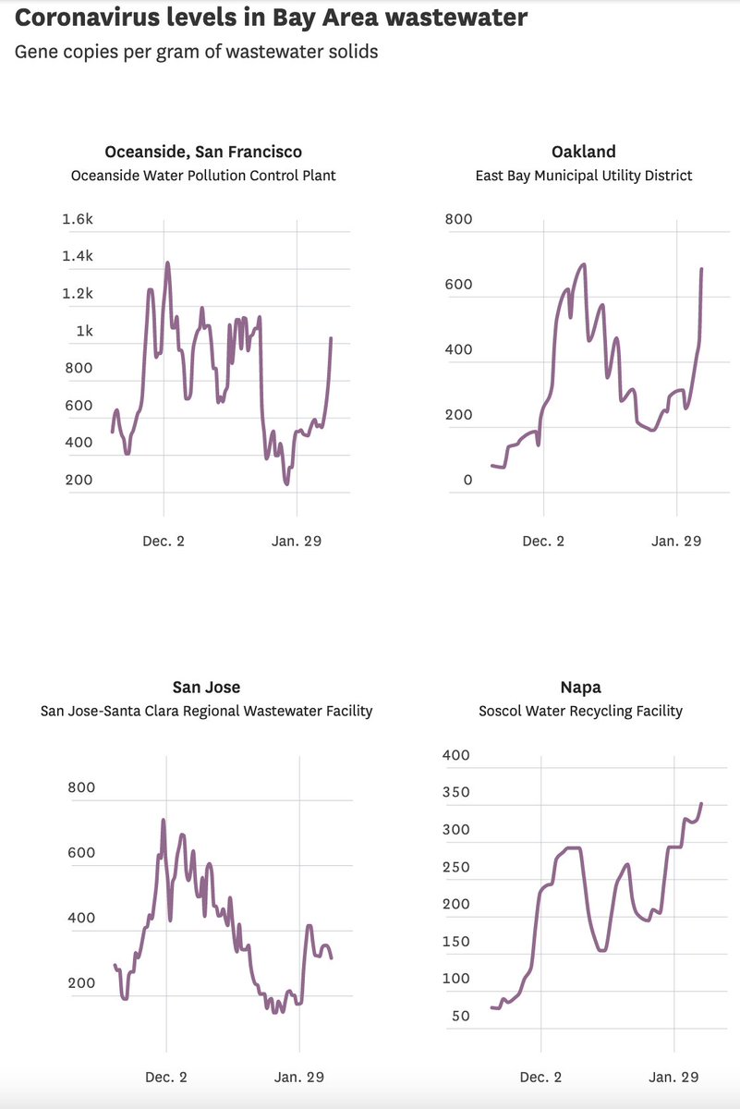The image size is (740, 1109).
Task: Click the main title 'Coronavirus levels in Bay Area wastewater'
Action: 272,18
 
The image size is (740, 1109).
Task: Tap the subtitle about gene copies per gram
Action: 196,52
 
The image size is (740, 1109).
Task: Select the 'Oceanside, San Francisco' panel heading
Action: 203,152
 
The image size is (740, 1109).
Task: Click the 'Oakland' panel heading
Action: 583,152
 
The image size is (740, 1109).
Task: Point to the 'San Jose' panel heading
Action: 206,687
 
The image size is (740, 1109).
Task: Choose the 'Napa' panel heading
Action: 580,687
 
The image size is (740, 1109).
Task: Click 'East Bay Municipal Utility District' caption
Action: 583,176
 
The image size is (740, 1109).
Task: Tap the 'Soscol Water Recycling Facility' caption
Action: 580,711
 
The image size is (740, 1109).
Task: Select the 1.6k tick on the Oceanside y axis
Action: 78,219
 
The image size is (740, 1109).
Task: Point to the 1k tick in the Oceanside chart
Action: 84,331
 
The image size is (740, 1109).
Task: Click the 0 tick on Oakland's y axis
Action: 467,480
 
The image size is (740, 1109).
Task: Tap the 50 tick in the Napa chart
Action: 459,1016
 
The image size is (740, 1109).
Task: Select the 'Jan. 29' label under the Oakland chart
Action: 675,542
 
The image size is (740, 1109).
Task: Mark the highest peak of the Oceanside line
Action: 167,262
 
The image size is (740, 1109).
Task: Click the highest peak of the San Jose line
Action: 164,820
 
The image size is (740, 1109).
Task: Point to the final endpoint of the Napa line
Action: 701,804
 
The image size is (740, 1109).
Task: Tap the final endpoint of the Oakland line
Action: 702,269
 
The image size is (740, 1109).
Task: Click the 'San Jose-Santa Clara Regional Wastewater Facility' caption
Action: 206,711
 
